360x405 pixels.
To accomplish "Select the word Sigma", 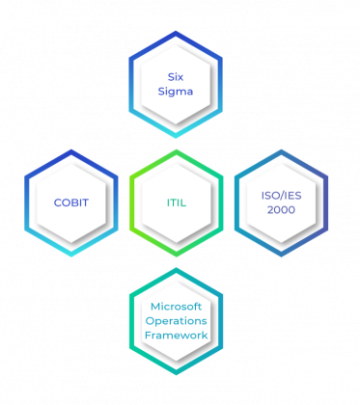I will tap(176, 92).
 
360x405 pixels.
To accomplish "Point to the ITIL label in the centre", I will tap(176, 202).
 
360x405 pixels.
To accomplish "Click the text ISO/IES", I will tap(281, 195).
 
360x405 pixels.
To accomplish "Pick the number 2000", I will tap(281, 209).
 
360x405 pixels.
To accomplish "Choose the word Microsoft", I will tap(176, 306).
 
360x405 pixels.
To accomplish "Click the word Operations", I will tap(176, 320).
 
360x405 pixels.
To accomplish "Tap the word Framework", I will tap(176, 335).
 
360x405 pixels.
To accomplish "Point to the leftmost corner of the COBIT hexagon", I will tap(26, 202).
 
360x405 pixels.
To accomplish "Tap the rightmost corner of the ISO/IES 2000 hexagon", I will tap(328, 202).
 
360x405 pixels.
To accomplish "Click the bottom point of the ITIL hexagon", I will tap(176, 256).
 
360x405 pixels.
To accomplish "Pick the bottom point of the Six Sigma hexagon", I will tap(176, 137).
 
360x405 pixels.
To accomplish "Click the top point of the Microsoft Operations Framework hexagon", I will tap(176, 269).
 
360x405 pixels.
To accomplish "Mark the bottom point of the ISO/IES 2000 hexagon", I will tap(281, 256).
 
